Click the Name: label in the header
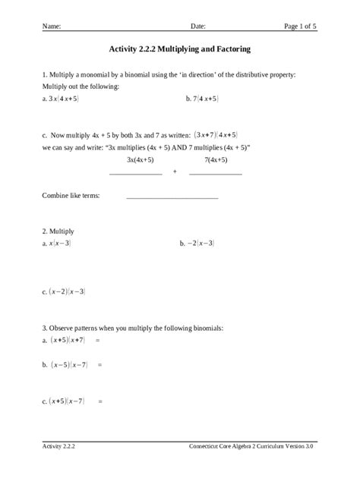tap(52, 27)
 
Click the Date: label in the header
tap(198, 27)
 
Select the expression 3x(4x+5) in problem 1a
tap(64, 99)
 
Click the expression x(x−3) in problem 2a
tap(60, 244)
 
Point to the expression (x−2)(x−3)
tap(67, 291)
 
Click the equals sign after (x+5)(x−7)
tap(99, 401)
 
